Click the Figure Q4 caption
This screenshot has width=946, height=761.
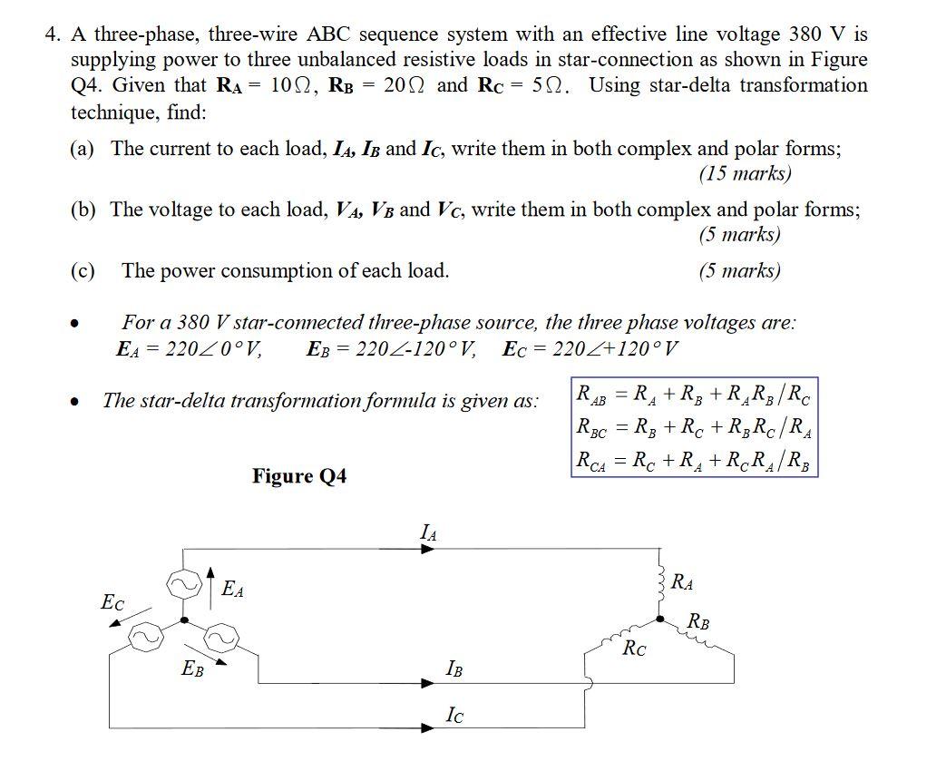[x=299, y=476]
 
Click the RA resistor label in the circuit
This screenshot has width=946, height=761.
[x=683, y=582]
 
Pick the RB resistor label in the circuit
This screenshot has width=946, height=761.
[x=699, y=622]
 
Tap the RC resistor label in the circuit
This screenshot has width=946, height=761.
[x=635, y=649]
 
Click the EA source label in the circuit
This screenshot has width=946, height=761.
[x=233, y=589]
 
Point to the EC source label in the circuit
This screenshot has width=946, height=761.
[x=112, y=601]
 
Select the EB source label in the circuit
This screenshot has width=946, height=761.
[x=192, y=670]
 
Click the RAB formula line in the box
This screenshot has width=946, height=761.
[x=694, y=395]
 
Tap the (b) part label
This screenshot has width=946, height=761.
[x=83, y=210]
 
